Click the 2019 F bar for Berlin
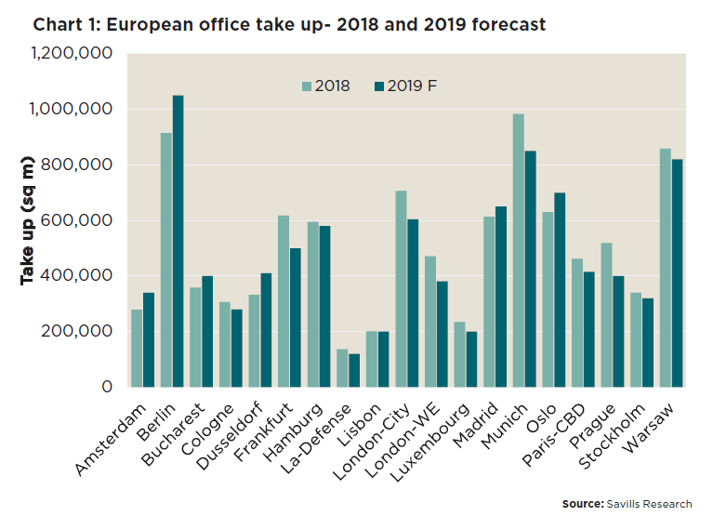[x=178, y=241]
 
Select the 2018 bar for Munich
[x=519, y=250]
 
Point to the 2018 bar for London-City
[x=402, y=288]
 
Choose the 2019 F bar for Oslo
[x=560, y=289]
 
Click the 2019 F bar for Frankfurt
[x=295, y=317]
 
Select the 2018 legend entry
[x=325, y=86]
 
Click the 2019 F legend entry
[x=405, y=86]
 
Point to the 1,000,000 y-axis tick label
[x=72, y=110]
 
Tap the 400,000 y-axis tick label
[x=79, y=276]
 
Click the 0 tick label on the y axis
[x=107, y=387]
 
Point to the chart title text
[x=289, y=25]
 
